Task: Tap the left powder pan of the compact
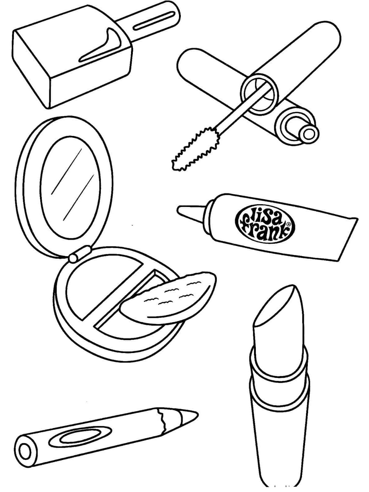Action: (101, 288)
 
